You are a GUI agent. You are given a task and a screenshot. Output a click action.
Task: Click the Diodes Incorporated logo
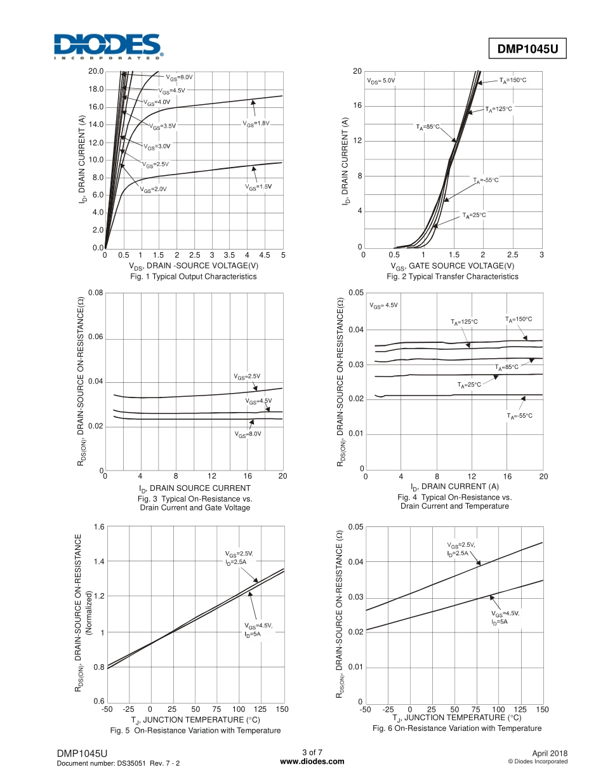tap(108, 46)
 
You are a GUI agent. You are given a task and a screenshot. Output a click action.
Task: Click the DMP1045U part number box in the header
tap(527, 49)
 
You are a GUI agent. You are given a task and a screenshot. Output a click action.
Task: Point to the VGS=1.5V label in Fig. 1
tap(258, 187)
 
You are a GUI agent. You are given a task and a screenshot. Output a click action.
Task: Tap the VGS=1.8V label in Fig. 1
tap(256, 123)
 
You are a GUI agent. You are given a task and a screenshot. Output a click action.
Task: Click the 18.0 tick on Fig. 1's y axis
tap(96, 89)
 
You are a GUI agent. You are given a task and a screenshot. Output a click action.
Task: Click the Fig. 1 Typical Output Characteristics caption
tap(194, 277)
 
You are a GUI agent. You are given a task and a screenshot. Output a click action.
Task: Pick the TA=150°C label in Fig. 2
tap(513, 80)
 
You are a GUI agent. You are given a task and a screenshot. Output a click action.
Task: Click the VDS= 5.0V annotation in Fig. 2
tap(381, 81)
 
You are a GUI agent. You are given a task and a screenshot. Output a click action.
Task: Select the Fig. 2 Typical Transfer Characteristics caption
tap(453, 277)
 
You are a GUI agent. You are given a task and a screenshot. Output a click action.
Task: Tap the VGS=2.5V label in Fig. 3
tap(247, 377)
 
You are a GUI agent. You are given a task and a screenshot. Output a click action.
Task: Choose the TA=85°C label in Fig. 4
tap(507, 367)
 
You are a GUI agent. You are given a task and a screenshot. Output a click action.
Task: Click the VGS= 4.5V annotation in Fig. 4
tap(383, 305)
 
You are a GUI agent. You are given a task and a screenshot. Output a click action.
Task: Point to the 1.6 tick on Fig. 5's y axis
tap(99, 527)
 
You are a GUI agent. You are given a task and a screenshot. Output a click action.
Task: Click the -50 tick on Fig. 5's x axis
tap(107, 709)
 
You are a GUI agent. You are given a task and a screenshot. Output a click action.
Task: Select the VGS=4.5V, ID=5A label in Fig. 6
tap(505, 617)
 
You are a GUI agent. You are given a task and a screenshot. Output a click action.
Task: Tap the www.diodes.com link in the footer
tap(312, 761)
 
